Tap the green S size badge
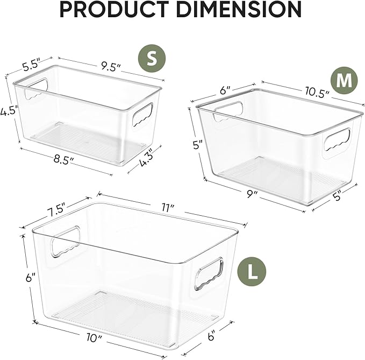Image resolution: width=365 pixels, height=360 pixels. coord(152,59)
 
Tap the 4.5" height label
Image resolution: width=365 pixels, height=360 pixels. coord(9,111)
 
